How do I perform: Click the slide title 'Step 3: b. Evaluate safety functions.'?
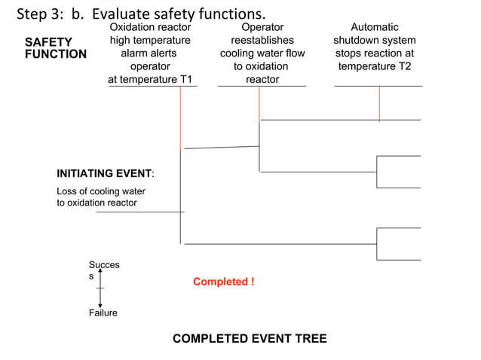click(141, 14)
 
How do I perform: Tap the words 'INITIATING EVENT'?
click(104, 173)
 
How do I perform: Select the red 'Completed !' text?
click(223, 282)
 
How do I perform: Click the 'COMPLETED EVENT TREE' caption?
click(250, 339)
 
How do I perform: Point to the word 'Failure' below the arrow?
click(103, 313)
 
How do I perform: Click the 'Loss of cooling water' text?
click(101, 191)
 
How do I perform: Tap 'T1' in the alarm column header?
click(185, 79)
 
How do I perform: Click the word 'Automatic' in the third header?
click(375, 27)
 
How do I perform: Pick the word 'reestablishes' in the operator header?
click(262, 41)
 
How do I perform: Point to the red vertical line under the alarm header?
click(181, 117)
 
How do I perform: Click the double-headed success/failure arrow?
click(100, 288)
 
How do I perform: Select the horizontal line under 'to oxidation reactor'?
click(139, 212)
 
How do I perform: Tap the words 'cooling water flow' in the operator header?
click(262, 53)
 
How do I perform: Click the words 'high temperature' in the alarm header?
click(150, 41)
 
